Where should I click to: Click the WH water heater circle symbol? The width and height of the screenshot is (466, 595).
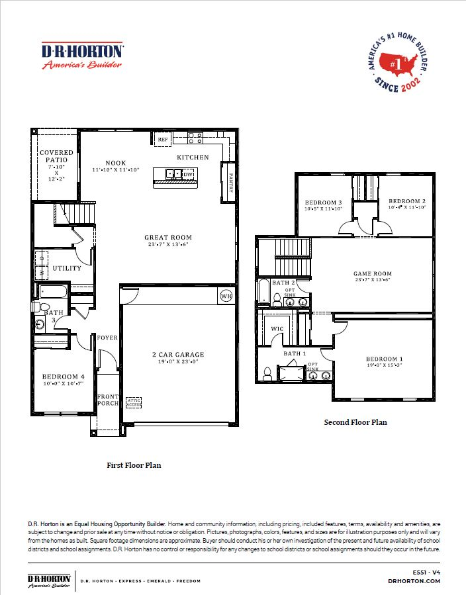[x=225, y=295]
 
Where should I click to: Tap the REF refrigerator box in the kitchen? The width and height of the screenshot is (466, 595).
[x=162, y=139]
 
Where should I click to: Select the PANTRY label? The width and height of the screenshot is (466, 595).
[x=230, y=182]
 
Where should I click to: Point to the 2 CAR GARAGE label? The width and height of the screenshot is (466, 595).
[x=178, y=354]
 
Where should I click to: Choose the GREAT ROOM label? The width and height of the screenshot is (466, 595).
[x=168, y=237]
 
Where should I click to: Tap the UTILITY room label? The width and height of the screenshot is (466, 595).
[x=67, y=268]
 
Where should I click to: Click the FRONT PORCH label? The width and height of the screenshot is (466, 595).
[x=107, y=400]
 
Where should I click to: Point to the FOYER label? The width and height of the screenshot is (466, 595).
[x=107, y=338]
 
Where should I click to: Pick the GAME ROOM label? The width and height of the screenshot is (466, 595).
[x=372, y=273]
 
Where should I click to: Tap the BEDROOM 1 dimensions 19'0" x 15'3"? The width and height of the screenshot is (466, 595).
[x=385, y=365]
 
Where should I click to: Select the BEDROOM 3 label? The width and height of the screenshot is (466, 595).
[x=323, y=202]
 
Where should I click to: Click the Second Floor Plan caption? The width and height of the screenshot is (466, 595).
[x=355, y=422]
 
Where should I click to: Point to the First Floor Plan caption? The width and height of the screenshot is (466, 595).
[x=134, y=465]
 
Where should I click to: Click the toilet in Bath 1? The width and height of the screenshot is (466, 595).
[x=268, y=374]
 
